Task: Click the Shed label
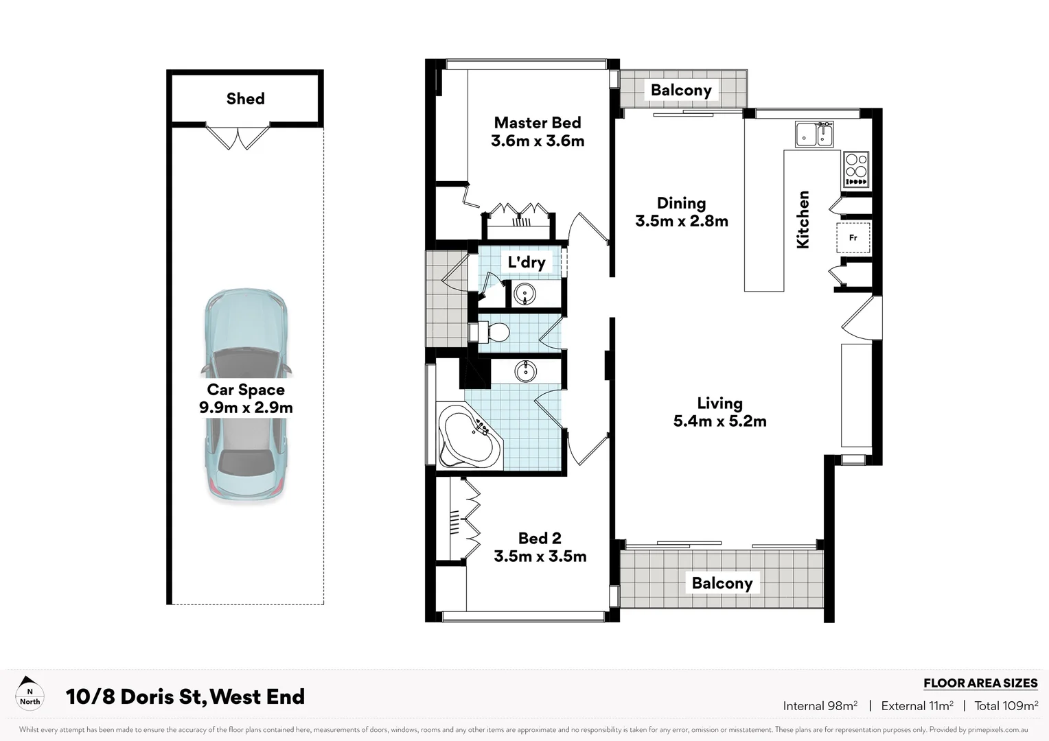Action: tap(245, 99)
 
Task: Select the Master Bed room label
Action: tap(538, 123)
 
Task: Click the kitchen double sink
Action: tap(814, 134)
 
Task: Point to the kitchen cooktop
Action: tap(856, 169)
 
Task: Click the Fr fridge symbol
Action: tap(853, 238)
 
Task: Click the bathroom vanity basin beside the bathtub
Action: tap(526, 371)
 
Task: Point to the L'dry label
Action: tap(527, 262)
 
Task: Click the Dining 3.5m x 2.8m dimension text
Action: tap(682, 221)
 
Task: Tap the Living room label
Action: tap(719, 403)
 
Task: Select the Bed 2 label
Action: tap(540, 539)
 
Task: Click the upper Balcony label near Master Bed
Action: tap(681, 91)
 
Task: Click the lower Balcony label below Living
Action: tap(722, 583)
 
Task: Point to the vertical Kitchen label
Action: tap(803, 220)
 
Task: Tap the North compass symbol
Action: tap(30, 692)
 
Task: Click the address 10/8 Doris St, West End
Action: tap(185, 697)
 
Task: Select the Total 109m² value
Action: tap(1006, 705)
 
